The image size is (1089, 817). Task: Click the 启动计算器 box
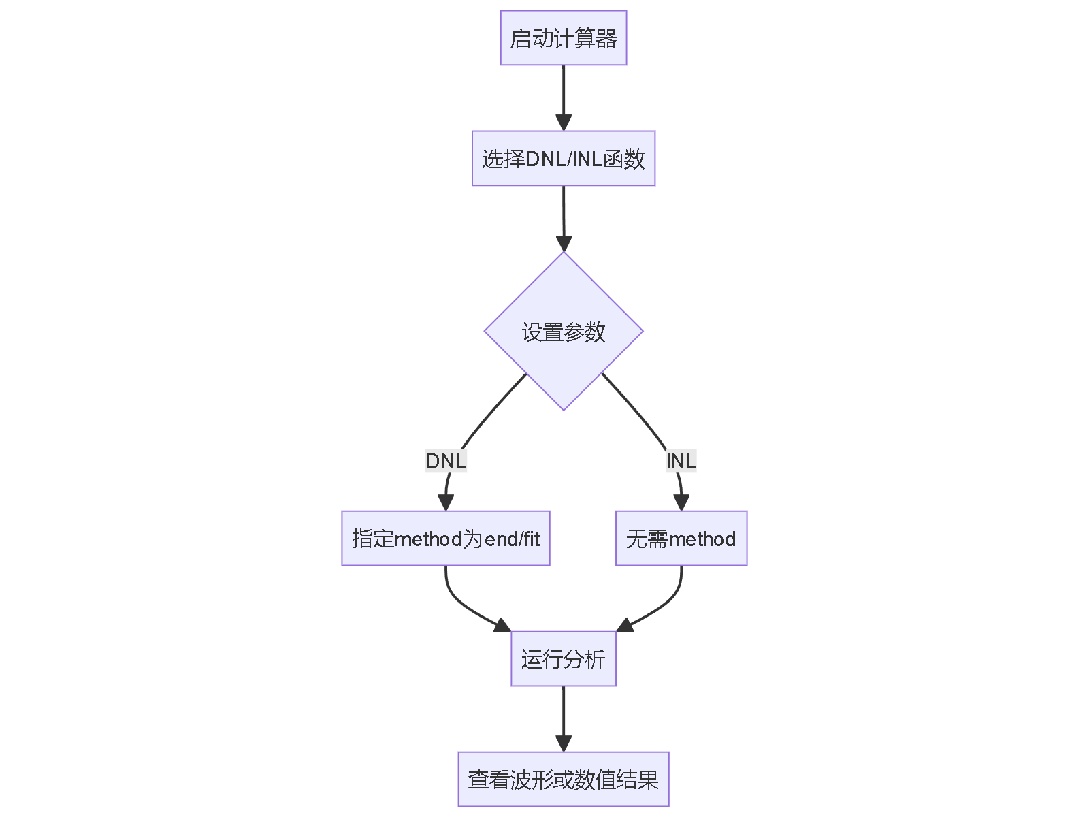[563, 38]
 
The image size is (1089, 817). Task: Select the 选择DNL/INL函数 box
[563, 159]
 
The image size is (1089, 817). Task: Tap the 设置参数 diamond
[563, 332]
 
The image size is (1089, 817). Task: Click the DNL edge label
[446, 462]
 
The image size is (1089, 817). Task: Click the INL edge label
[681, 462]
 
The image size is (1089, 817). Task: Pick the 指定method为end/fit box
[445, 539]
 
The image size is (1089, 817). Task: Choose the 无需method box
[681, 539]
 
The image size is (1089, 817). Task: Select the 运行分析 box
[563, 659]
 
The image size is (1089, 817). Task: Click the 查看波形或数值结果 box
[563, 780]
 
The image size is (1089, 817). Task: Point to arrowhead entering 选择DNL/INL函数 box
[563, 123]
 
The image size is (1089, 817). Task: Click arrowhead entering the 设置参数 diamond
[563, 244]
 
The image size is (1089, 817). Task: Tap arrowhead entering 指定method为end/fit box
[446, 503]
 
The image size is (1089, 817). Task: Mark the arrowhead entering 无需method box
[681, 503]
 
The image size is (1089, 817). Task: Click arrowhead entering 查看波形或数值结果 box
[563, 744]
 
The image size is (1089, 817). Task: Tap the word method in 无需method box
[702, 539]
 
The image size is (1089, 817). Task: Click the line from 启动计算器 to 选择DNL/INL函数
[563, 92]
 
